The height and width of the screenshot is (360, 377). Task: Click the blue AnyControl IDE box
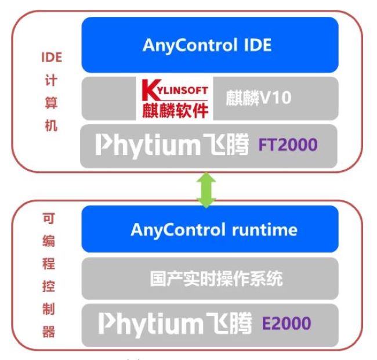pyautogui.click(x=209, y=45)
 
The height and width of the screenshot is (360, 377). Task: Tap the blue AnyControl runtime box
pyautogui.click(x=209, y=229)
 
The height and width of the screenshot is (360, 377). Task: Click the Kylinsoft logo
pyautogui.click(x=174, y=98)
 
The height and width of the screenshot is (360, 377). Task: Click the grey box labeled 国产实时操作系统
pyautogui.click(x=209, y=279)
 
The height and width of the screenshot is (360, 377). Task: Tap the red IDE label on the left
pyautogui.click(x=51, y=59)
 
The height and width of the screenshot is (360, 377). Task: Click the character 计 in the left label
pyautogui.click(x=51, y=82)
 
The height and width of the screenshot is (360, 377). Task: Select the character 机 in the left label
pyautogui.click(x=51, y=126)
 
